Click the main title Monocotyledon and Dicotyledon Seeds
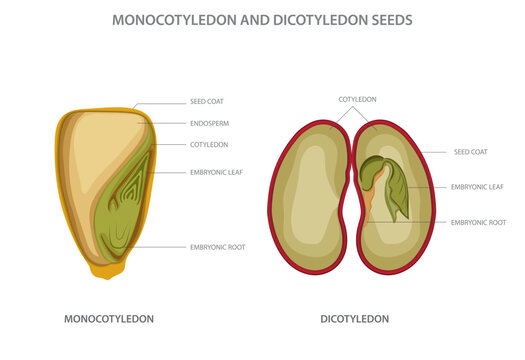(263, 19)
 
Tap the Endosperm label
(209, 123)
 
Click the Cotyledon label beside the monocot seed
(210, 144)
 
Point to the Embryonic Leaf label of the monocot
(216, 172)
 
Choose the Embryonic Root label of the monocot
(217, 246)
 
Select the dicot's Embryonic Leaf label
(477, 186)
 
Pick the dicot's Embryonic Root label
(478, 221)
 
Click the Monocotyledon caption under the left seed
(109, 319)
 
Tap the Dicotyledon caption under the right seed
(355, 319)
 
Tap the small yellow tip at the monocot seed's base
(104, 270)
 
